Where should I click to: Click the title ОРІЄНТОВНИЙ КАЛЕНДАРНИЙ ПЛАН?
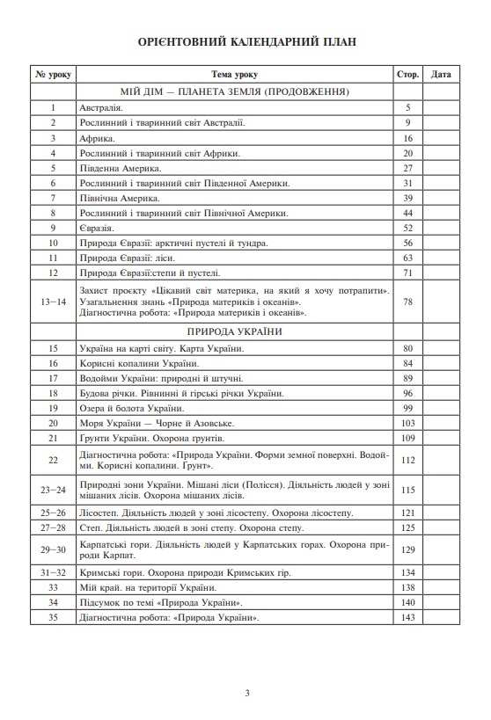[246, 41]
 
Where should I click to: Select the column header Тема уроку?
[235, 75]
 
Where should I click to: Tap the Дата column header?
[442, 75]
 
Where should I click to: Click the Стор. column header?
[408, 75]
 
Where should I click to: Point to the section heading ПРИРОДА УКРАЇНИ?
[234, 331]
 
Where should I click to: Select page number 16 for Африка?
[408, 139]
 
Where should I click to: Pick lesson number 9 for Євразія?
[54, 227]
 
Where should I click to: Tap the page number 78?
[408, 302]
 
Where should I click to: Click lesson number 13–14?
[54, 302]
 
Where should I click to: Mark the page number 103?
[408, 423]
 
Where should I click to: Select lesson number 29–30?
[54, 550]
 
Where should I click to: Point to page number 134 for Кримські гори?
[408, 571]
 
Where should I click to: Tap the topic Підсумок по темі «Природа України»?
[160, 602]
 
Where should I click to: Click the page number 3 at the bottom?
[246, 695]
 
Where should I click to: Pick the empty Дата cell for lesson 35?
[442, 617]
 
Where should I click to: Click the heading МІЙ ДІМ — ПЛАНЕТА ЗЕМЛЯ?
[235, 91]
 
